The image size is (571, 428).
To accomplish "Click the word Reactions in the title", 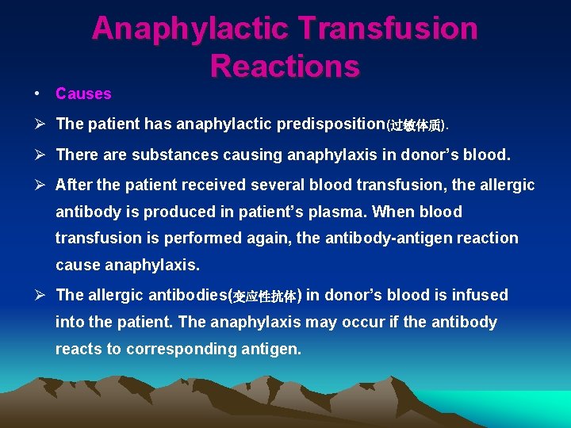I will tap(285, 66).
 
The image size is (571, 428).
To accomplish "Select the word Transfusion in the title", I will tap(388, 29).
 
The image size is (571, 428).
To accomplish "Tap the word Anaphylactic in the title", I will tap(190, 29).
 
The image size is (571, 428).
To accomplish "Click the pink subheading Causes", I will tap(83, 94).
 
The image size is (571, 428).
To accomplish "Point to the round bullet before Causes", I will tap(37, 94).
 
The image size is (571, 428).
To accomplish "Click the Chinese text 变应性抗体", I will tap(264, 296).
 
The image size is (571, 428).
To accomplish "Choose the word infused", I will tap(480, 295).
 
